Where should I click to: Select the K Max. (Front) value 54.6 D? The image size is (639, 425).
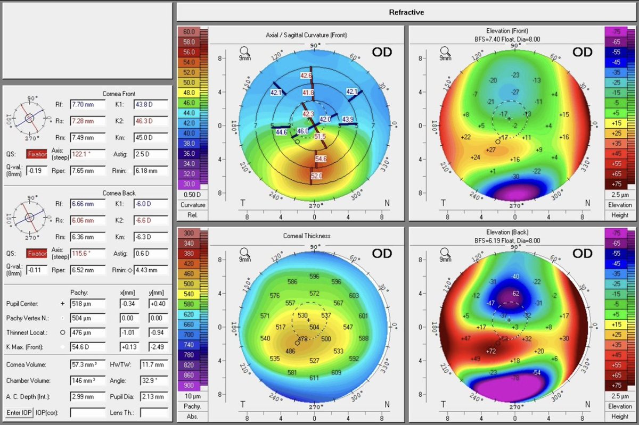coord(87,347)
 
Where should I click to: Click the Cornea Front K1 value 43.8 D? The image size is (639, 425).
coord(151,105)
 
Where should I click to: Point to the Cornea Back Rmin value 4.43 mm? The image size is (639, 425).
coord(151,270)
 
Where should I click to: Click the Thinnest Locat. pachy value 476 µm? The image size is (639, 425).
coord(87,332)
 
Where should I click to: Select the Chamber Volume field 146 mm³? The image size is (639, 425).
coord(87,381)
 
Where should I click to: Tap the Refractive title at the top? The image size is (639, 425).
coord(407,11)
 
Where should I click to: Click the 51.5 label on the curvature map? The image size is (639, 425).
coord(320,137)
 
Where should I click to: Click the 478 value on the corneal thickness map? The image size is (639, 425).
coord(302,339)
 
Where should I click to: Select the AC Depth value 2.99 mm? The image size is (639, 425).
coord(87,396)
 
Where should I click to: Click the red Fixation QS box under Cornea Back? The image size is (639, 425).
coord(37,254)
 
